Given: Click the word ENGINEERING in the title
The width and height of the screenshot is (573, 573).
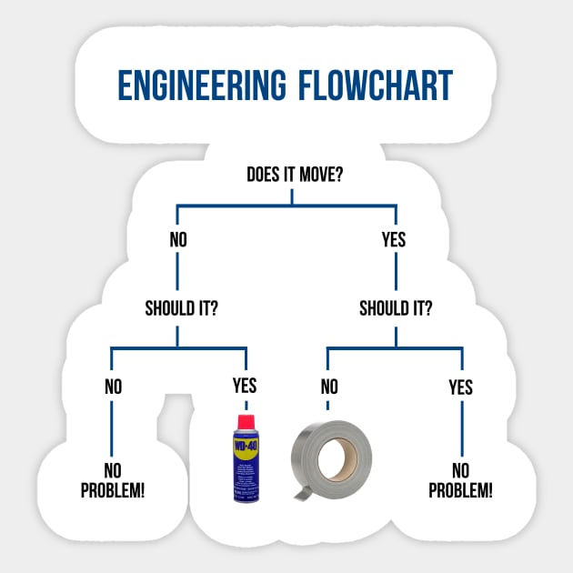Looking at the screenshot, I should (x=200, y=85).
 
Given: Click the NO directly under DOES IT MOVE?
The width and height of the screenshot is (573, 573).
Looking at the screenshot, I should (x=178, y=240).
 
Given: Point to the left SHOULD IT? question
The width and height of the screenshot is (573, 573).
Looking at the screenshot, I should (x=181, y=307).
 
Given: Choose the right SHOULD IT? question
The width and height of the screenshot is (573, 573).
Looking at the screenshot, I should (x=396, y=307).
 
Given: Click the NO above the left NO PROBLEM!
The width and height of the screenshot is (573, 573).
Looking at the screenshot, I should (x=113, y=387).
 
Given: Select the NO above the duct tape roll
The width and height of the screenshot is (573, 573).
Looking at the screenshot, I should (x=329, y=387).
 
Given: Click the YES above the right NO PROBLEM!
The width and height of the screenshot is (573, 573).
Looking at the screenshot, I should (x=460, y=387).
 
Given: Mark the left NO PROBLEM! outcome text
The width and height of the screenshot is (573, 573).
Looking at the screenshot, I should (x=113, y=481).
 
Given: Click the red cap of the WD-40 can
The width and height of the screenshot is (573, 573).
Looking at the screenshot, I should (x=246, y=423).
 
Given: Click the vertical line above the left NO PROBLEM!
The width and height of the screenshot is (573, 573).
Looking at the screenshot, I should (x=112, y=427).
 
